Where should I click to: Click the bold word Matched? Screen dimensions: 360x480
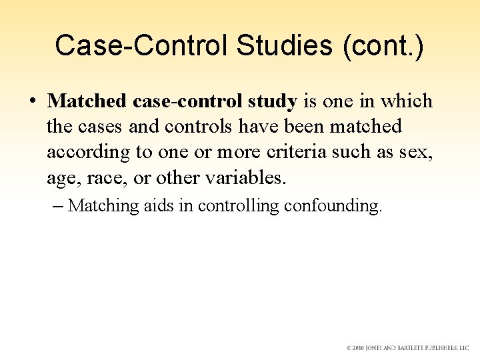tap(87, 101)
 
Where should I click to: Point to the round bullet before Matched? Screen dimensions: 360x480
tap(33, 102)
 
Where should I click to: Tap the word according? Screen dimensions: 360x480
tap(89, 152)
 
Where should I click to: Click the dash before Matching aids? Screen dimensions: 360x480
tap(57, 206)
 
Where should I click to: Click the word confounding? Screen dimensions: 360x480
tap(333, 206)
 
